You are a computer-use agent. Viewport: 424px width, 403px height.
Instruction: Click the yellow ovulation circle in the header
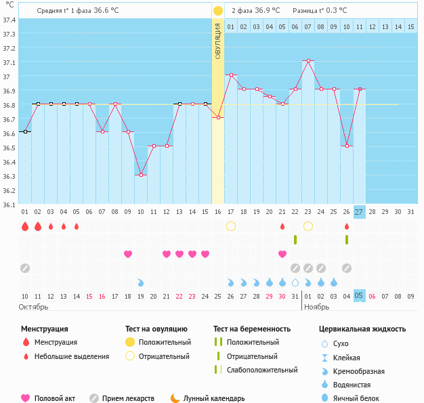tap(217, 11)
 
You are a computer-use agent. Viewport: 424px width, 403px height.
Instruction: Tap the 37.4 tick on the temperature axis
tap(9, 20)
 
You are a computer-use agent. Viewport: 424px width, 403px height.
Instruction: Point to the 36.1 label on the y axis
tap(9, 204)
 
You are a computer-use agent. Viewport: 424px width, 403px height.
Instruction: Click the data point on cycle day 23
tap(308, 60)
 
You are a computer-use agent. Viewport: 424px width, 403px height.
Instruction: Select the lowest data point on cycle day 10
tap(141, 175)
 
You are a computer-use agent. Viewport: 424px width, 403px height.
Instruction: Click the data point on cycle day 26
tap(347, 146)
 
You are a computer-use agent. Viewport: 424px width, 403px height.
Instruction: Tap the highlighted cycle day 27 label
tap(359, 211)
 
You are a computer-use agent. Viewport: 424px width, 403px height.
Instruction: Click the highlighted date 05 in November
tap(359, 296)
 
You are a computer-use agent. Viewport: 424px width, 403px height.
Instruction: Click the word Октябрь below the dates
tap(33, 307)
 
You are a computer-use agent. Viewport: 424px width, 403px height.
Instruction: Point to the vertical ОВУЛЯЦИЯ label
tap(217, 41)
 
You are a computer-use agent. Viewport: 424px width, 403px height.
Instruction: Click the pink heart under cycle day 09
tap(128, 254)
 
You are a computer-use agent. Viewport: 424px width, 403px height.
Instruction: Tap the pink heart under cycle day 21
tap(282, 254)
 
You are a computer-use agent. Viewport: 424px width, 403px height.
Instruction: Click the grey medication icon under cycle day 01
tap(25, 268)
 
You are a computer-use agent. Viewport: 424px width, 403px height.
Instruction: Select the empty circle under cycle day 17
tap(231, 226)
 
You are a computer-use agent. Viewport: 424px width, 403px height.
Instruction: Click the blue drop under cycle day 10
tap(141, 282)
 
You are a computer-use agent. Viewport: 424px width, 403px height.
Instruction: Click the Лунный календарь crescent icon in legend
tap(175, 398)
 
